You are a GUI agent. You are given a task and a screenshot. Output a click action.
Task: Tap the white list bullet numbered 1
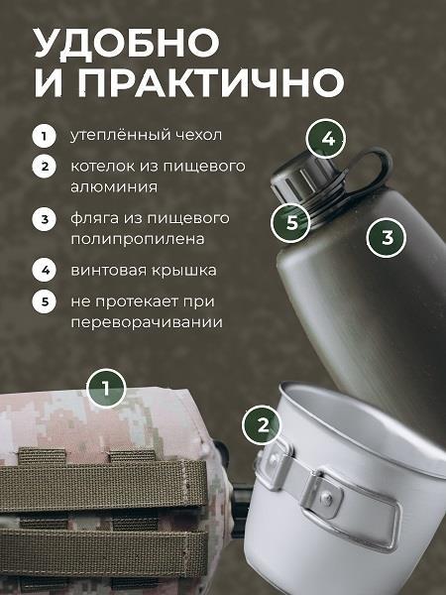44,136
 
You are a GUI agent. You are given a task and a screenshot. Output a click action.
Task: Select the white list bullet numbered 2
44,167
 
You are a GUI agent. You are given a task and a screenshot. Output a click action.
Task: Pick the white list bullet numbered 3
44,218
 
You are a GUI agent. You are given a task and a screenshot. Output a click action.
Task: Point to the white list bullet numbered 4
44,269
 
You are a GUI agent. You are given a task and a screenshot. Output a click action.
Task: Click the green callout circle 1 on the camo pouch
108,387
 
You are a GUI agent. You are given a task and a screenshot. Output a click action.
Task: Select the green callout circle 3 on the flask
388,238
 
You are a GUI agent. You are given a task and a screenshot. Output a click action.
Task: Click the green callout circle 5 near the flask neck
291,222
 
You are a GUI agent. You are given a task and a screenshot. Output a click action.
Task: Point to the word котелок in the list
102,166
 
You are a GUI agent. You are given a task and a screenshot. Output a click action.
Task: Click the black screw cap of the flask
307,178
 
